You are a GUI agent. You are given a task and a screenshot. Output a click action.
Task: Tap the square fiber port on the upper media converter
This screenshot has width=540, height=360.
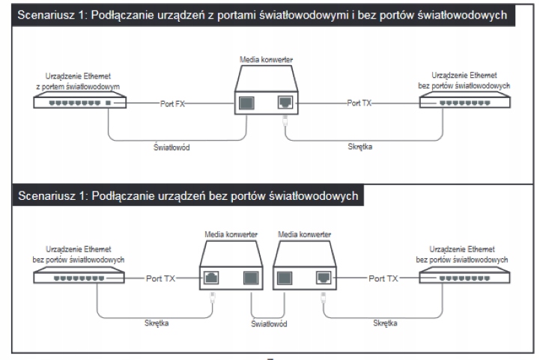[x=247, y=103]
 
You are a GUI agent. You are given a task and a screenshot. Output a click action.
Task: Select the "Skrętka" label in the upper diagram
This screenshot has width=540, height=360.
[x=360, y=147]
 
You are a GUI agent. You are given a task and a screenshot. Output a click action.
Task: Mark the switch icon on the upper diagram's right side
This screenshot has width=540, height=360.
[x=464, y=101]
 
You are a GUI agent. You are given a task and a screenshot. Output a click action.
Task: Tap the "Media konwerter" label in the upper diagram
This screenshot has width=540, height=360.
[x=266, y=58]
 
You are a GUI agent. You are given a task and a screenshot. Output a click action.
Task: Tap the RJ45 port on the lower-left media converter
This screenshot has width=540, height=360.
[x=212, y=278]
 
